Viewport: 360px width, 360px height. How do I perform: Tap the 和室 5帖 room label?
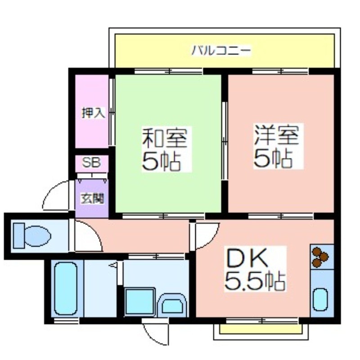(165, 149)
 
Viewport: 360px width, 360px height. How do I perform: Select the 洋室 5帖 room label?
(276, 147)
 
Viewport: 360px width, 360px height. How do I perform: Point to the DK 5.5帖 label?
(255, 269)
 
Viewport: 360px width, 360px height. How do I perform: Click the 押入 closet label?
(93, 113)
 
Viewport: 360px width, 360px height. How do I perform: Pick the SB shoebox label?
(91, 163)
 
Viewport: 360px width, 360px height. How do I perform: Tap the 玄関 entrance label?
(92, 199)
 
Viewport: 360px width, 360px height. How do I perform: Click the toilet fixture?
(32, 235)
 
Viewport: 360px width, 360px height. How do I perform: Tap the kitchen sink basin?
(320, 299)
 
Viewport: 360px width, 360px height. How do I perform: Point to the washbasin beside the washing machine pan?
(172, 306)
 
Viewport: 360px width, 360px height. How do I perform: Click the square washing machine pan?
(139, 301)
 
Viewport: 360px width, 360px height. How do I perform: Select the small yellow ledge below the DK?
(261, 329)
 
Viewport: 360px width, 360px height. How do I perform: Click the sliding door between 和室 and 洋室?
(225, 140)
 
